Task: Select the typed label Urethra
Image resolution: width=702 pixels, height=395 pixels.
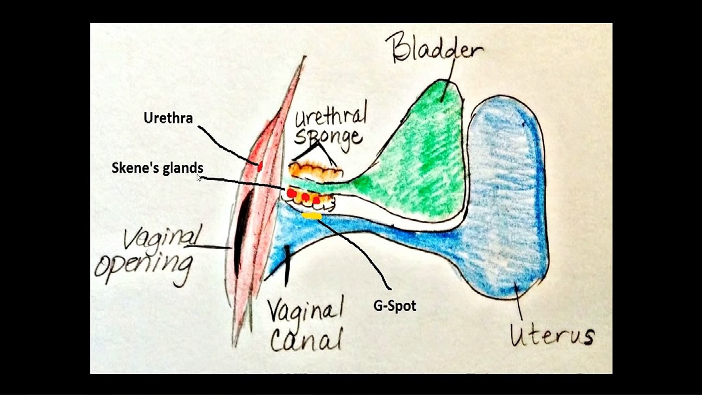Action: (168, 118)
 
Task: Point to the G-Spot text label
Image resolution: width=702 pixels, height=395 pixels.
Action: (394, 306)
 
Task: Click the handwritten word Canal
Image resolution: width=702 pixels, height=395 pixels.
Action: (306, 339)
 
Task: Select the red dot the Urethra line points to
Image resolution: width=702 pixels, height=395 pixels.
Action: (260, 167)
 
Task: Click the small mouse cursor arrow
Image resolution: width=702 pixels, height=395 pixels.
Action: (198, 178)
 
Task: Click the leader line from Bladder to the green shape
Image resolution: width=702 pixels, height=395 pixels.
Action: (448, 80)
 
